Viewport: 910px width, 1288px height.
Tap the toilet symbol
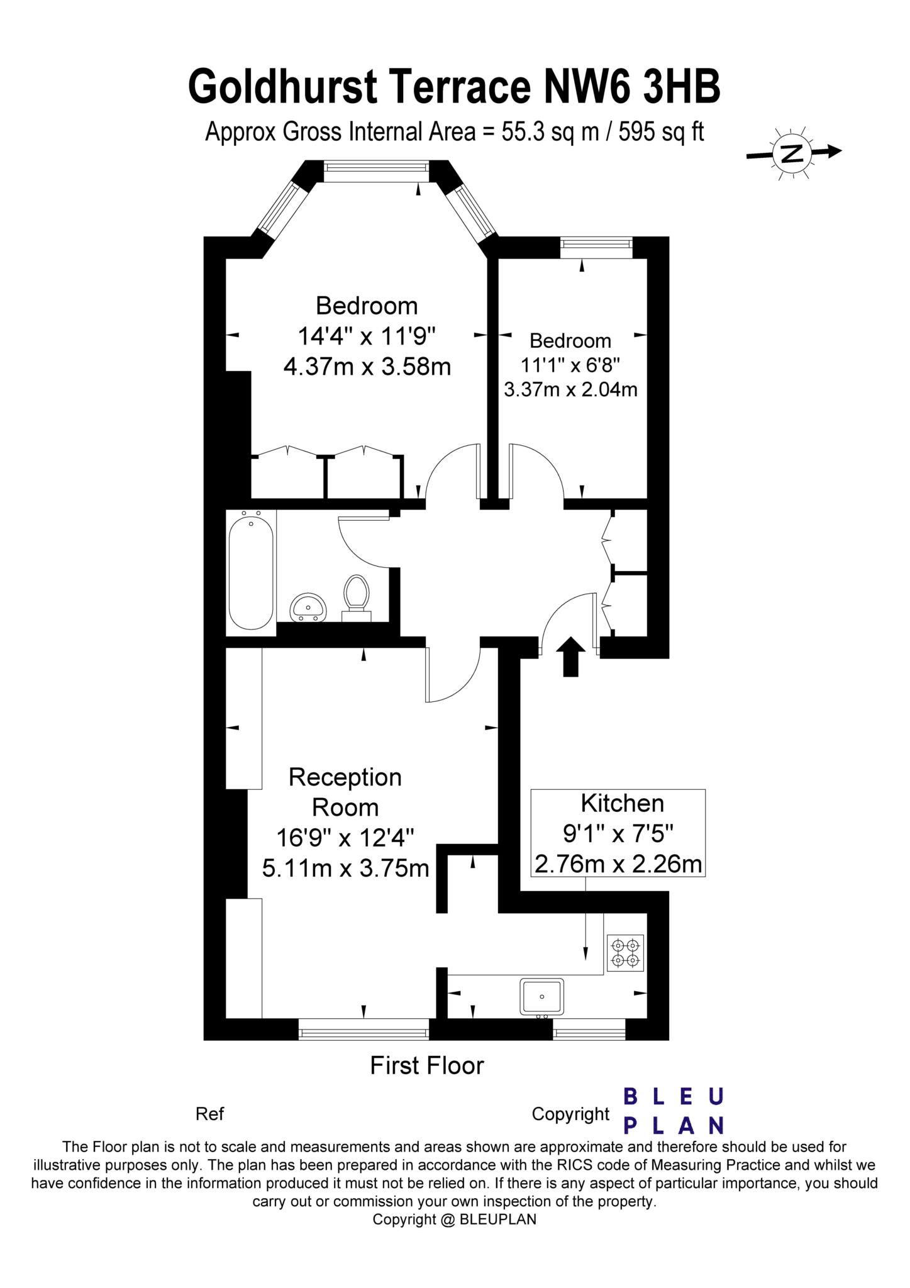(356, 598)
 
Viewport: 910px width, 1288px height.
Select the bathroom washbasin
(308, 607)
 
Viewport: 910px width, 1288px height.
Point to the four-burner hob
(625, 953)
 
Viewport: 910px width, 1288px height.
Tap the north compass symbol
(794, 152)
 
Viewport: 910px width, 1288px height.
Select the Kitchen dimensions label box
(618, 833)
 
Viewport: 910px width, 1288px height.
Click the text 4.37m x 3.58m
(367, 366)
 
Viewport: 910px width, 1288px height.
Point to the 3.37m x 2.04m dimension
(570, 389)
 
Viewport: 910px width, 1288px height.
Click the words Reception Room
(345, 792)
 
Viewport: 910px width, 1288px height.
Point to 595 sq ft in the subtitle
(662, 132)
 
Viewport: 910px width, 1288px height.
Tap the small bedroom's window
(596, 247)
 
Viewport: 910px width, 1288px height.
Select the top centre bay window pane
(377, 171)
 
